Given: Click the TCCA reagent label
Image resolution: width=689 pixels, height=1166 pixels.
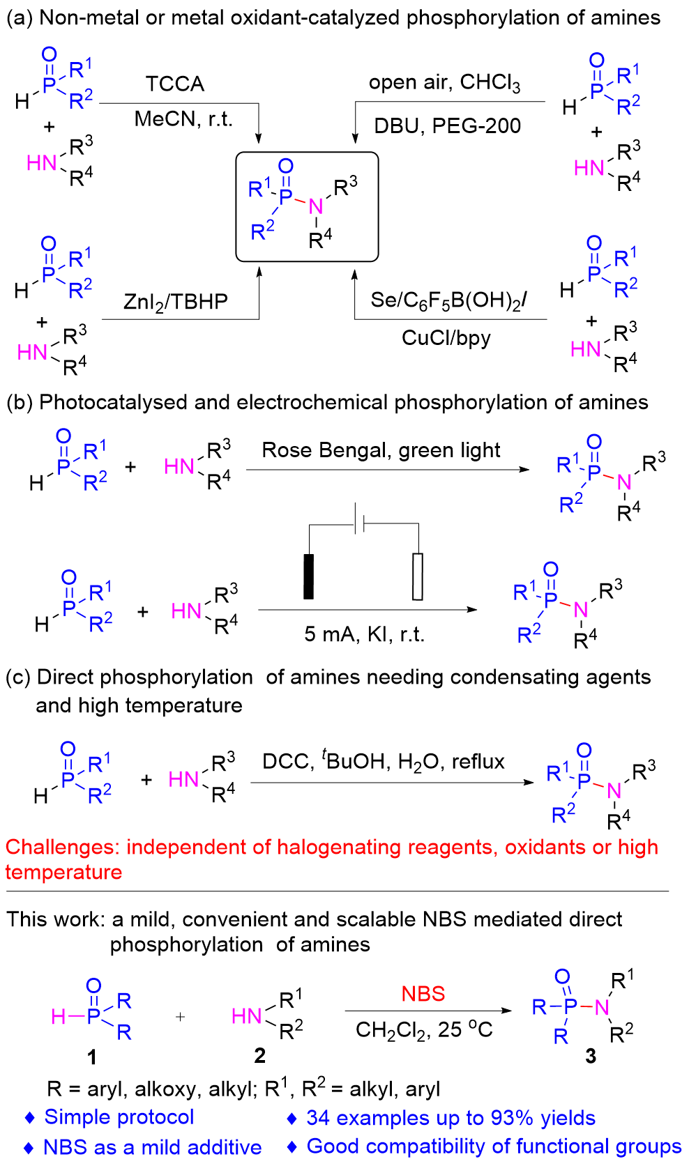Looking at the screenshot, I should [175, 84].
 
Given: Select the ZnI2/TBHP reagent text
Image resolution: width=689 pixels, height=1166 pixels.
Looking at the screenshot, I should [176, 302].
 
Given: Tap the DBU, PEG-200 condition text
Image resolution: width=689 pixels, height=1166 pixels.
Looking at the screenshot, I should [447, 126].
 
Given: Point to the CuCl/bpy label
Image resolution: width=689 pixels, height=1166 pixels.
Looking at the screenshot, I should [446, 338].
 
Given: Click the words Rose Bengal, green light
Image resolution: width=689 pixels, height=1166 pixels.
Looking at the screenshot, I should [381, 451].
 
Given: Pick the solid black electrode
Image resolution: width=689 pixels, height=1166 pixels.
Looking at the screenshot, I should [308, 576].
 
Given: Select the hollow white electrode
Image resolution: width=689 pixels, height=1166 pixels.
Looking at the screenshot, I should [418, 576].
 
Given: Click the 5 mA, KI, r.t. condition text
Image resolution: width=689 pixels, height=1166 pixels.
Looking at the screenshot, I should [364, 634].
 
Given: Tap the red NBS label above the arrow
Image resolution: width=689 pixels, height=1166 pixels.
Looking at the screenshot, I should [423, 994].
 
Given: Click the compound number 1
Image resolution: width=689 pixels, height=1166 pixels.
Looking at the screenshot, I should [91, 1057].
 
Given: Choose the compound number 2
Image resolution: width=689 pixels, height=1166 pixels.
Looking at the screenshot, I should [259, 1056].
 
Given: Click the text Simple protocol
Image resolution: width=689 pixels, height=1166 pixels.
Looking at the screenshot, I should [119, 1117].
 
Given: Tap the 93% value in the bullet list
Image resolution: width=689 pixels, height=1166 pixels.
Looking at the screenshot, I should [513, 1118].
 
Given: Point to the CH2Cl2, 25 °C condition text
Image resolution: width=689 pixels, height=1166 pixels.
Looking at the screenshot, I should [424, 1029].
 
